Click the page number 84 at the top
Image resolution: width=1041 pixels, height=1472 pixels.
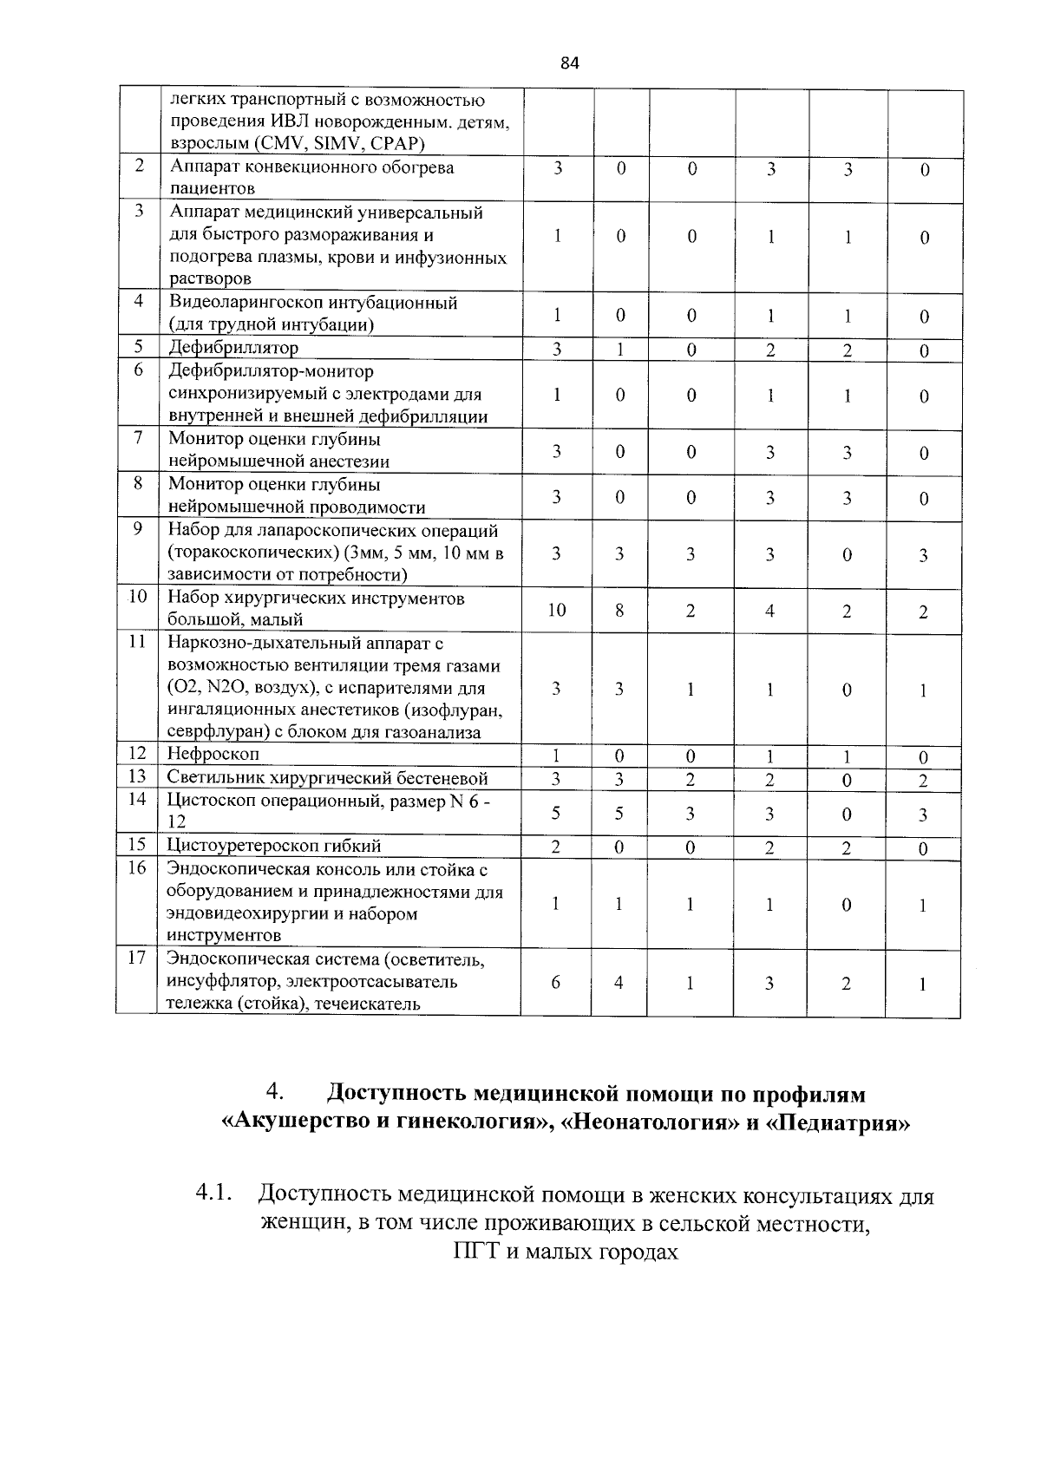[x=569, y=62]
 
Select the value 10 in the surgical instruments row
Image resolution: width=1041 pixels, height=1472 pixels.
[x=556, y=611]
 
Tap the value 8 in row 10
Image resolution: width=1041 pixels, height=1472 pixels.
[x=619, y=611]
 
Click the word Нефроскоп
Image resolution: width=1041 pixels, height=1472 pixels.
[x=213, y=754]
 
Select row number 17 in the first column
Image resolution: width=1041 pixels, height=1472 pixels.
[x=137, y=958]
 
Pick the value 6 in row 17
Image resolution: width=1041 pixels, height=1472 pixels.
[x=555, y=983]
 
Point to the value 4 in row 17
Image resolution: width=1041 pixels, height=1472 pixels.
[x=619, y=983]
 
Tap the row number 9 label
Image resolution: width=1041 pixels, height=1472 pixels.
[x=138, y=528]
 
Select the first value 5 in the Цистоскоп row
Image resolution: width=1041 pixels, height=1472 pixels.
[x=555, y=814]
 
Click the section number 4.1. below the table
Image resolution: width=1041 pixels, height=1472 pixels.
[x=215, y=1194]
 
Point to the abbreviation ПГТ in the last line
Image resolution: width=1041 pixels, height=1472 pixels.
[x=473, y=1253]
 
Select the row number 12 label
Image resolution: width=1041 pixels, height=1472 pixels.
[x=137, y=753]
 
